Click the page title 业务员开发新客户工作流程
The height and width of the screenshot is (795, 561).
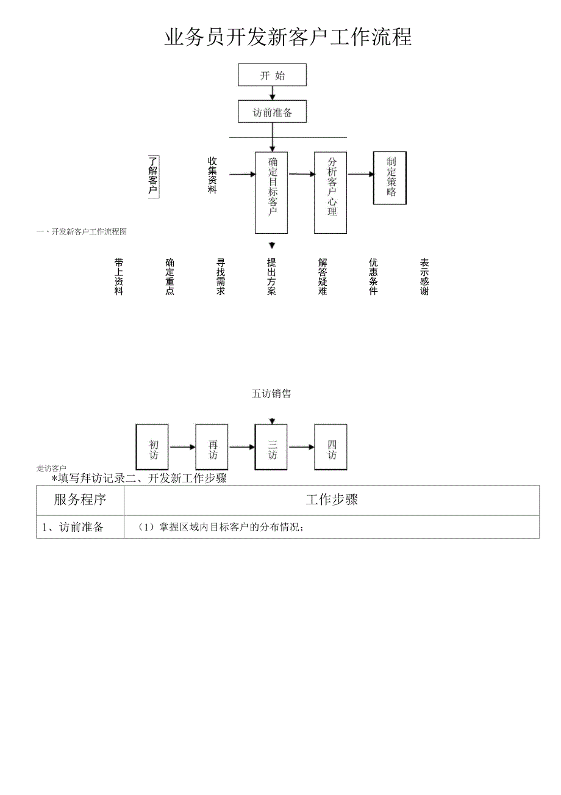[x=288, y=37]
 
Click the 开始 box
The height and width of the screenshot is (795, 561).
[x=272, y=75]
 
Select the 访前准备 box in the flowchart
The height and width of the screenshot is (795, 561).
[x=272, y=112]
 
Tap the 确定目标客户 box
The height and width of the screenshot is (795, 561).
[x=272, y=192]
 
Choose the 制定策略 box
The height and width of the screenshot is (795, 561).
[x=390, y=178]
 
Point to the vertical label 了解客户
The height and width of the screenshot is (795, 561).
[x=153, y=176]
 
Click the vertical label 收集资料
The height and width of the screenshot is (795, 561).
[x=212, y=175]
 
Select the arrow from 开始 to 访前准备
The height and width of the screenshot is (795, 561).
[x=273, y=93]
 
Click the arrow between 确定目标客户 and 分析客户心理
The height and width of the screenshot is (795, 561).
[x=301, y=174]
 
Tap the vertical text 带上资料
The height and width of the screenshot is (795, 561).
[x=119, y=277]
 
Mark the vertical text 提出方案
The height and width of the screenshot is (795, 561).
[x=271, y=277]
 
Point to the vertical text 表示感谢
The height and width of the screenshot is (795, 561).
[x=424, y=277]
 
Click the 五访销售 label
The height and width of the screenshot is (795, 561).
[x=271, y=394]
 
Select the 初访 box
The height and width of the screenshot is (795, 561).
[x=154, y=447]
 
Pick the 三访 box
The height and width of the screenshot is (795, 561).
[x=272, y=447]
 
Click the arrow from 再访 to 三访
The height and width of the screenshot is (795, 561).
[x=241, y=447]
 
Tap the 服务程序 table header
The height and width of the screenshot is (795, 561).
[x=80, y=500]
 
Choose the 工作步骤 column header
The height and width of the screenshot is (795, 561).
[x=332, y=500]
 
